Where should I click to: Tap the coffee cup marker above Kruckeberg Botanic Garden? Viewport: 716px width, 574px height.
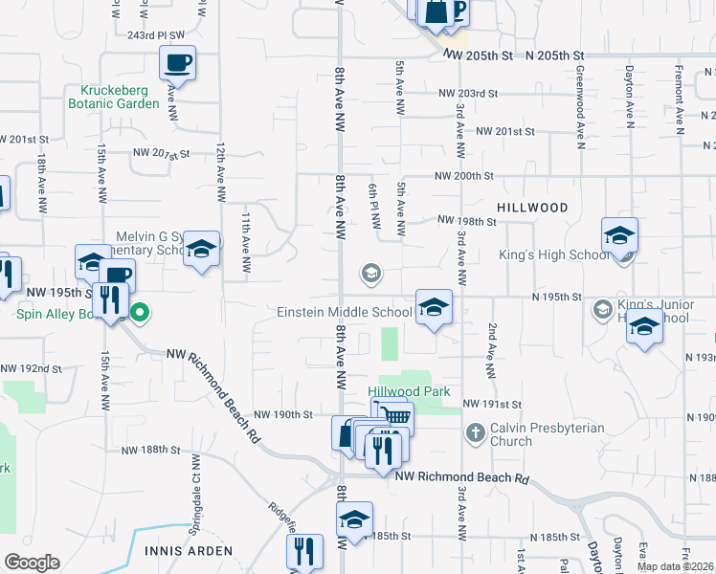(x=177, y=64)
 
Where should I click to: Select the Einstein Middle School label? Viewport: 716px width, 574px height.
(x=344, y=312)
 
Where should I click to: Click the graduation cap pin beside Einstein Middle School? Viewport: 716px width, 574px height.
(x=434, y=308)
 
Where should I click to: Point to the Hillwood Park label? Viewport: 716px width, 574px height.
(x=409, y=391)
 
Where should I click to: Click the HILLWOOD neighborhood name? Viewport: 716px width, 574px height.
(x=532, y=208)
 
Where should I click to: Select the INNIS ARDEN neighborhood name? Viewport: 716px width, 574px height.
(x=188, y=551)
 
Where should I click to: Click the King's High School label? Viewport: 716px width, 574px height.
(x=554, y=255)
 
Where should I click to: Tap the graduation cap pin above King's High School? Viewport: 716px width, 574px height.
(x=619, y=236)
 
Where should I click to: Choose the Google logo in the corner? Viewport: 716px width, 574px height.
(x=32, y=563)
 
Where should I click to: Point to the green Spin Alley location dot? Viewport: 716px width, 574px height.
(x=140, y=312)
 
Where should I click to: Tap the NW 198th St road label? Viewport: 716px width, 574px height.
(x=466, y=221)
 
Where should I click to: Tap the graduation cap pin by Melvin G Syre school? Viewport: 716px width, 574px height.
(x=202, y=250)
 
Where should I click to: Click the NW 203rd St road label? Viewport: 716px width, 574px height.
(x=469, y=94)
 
